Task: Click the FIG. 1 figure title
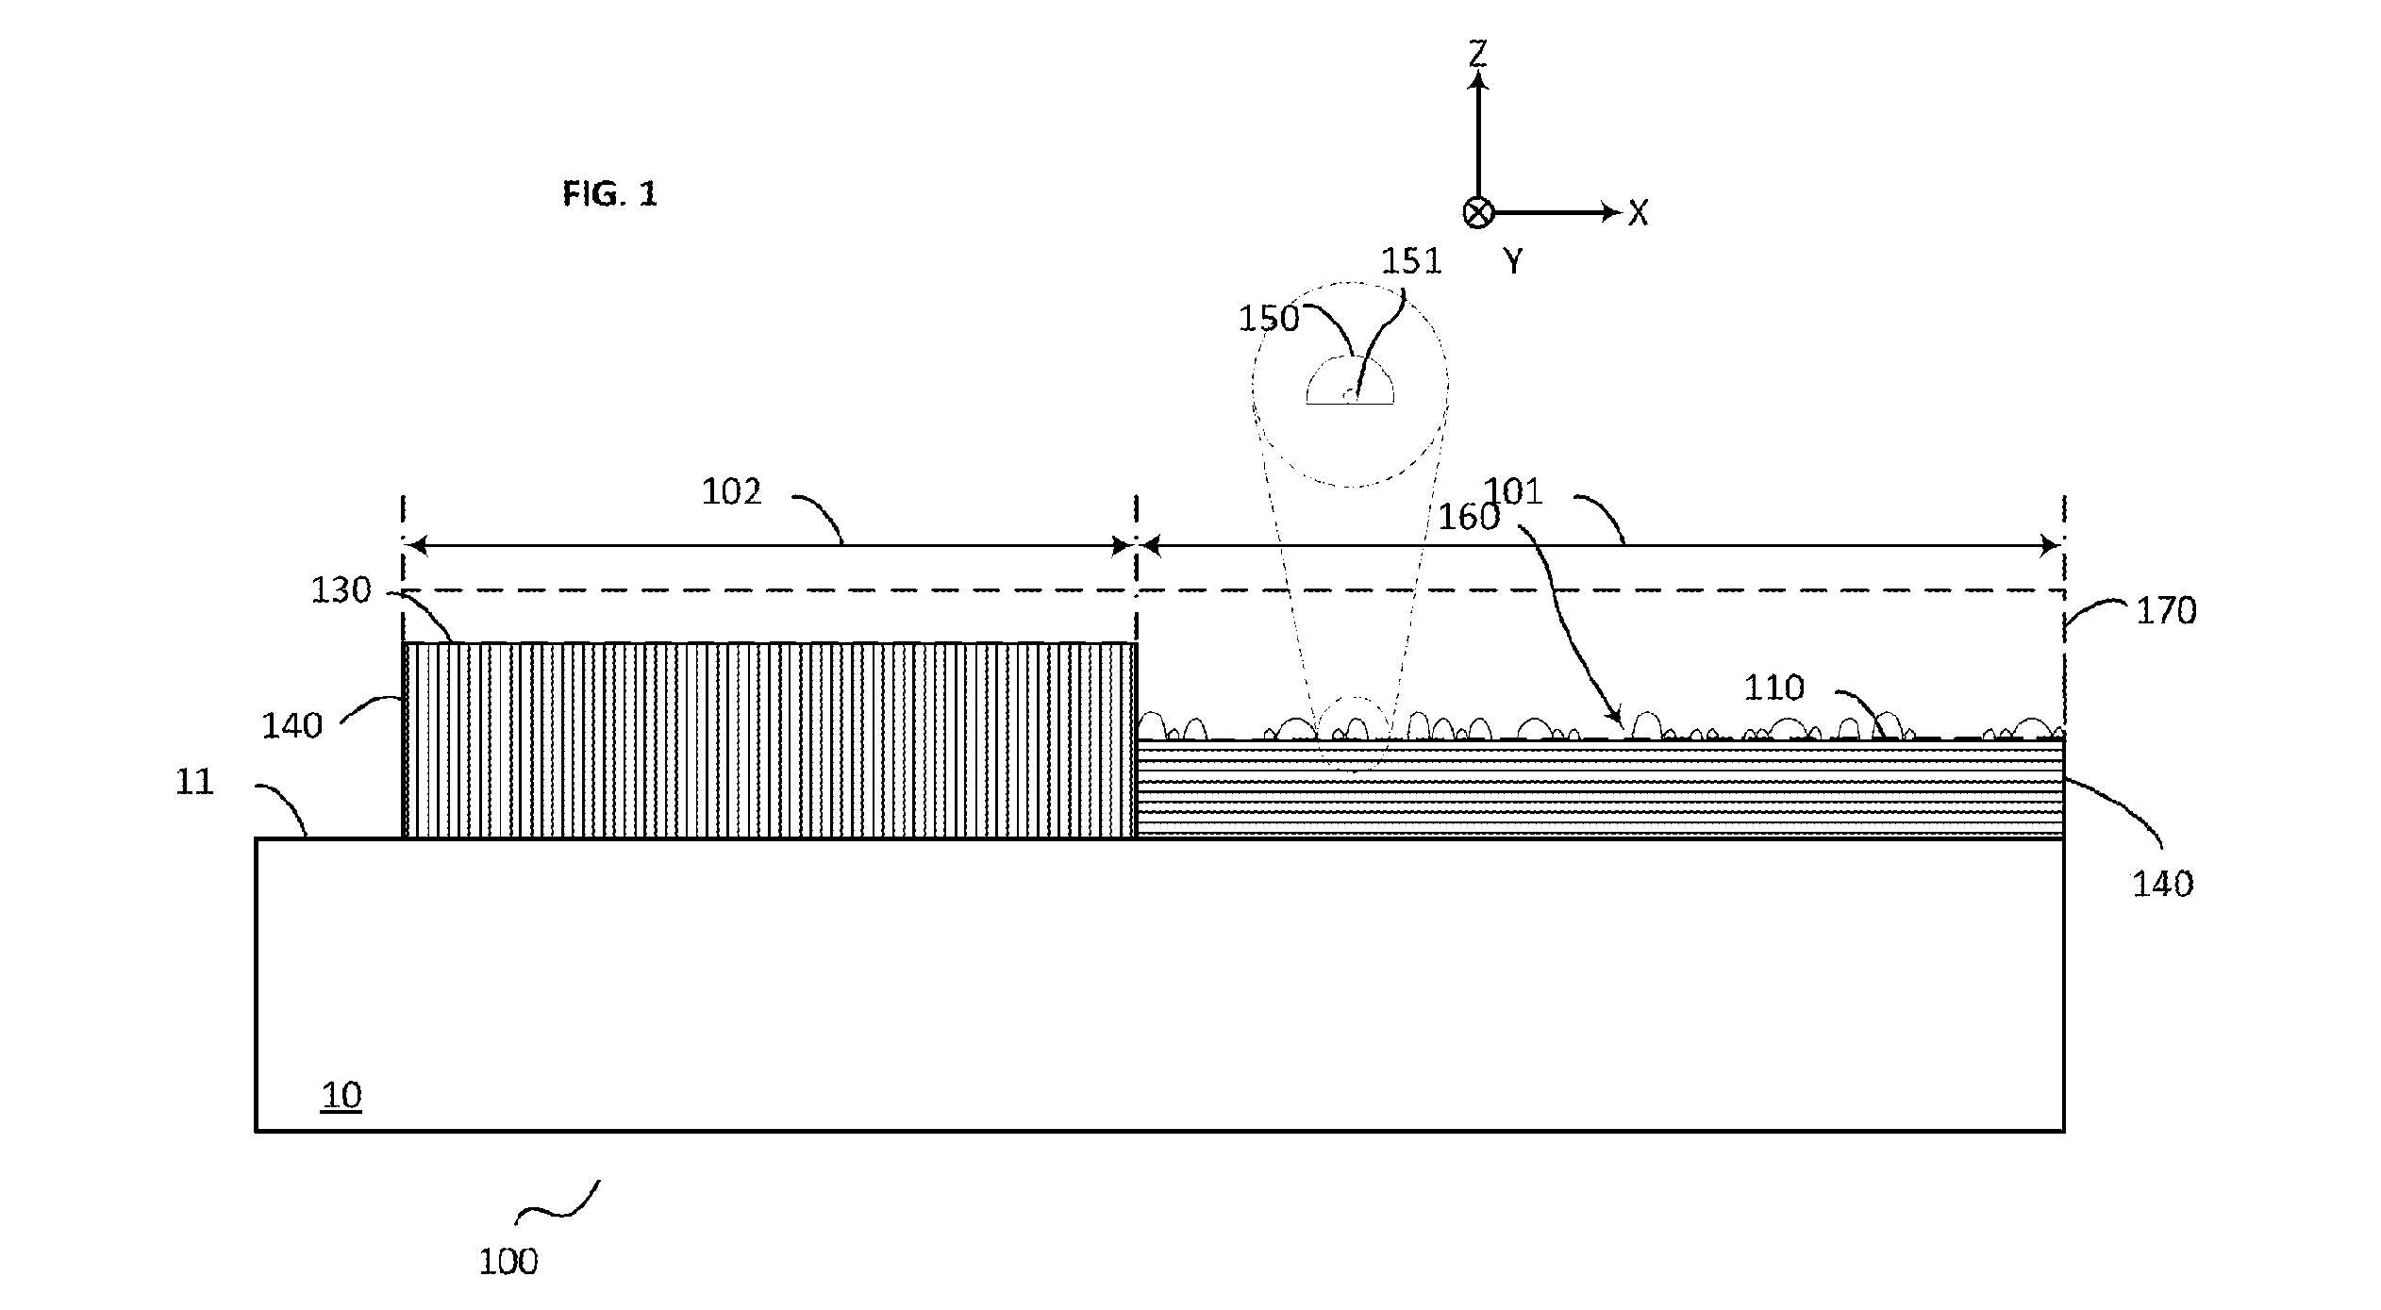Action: pos(609,194)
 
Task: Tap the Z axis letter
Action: pos(1478,53)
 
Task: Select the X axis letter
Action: pos(1639,213)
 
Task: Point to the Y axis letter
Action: pos(1513,261)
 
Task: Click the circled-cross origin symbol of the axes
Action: pos(1478,213)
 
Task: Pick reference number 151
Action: pos(1412,261)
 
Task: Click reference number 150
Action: pos(1269,319)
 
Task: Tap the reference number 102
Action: pos(731,491)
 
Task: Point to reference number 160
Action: pos(1469,517)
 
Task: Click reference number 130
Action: pos(341,590)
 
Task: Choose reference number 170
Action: pos(2167,611)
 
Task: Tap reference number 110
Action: pos(1774,688)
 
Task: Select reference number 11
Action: pos(195,782)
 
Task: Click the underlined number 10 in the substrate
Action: pos(341,1095)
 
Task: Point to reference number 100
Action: pos(508,1262)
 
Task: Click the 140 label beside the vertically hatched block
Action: pos(292,725)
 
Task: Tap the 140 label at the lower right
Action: pos(2163,884)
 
